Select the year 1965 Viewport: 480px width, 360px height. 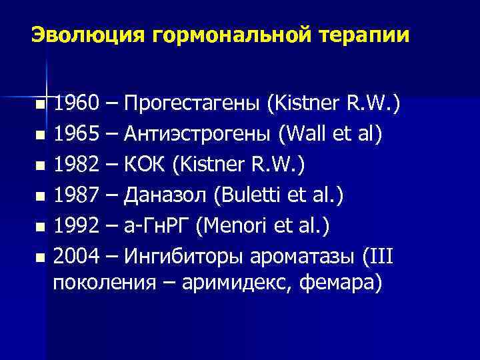[74, 135]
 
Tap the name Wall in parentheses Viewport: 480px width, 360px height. [305, 135]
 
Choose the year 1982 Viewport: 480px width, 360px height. [74, 165]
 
